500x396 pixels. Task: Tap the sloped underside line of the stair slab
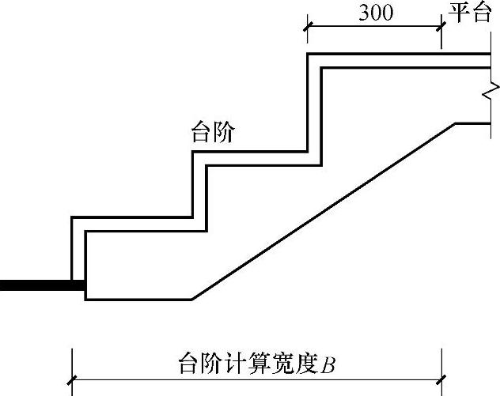(x=324, y=211)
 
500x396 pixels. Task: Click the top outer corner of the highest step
(x=308, y=55)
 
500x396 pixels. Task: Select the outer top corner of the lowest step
(x=72, y=217)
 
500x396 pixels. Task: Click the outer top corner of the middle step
(x=193, y=152)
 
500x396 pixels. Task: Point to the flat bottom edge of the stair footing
(x=138, y=299)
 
